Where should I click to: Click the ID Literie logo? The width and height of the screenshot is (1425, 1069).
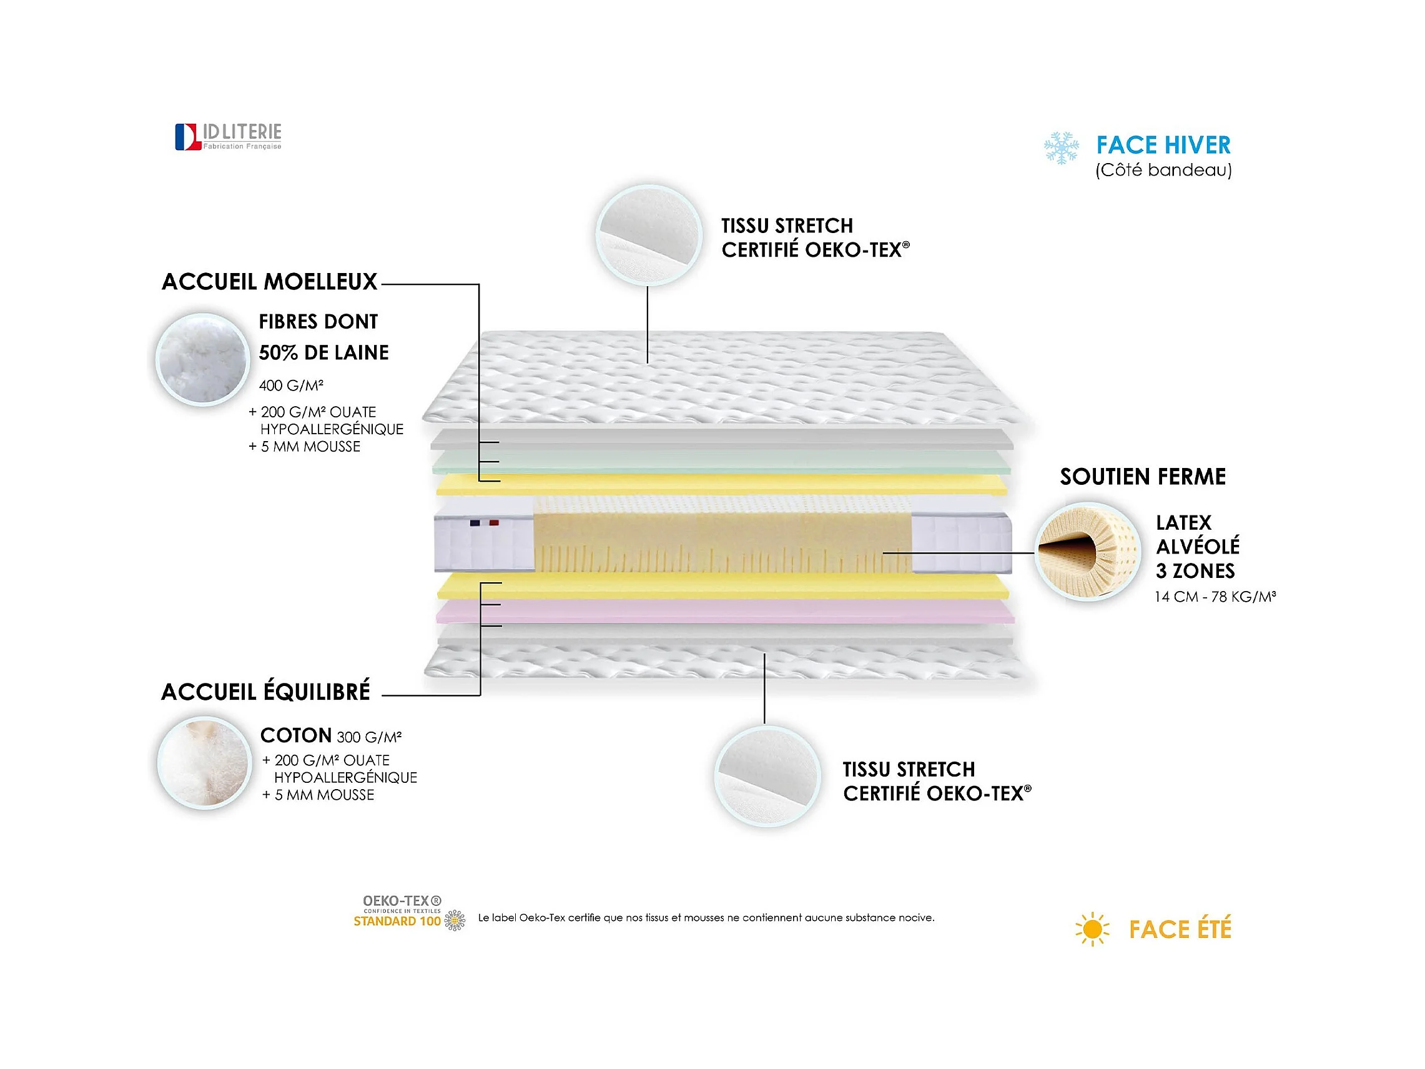(228, 137)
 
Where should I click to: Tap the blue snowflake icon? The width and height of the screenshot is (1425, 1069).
(1060, 147)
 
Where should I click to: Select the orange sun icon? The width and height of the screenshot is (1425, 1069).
(1092, 928)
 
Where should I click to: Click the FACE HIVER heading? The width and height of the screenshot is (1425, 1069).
(1163, 146)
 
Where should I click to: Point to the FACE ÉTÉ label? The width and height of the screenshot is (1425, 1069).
(1180, 929)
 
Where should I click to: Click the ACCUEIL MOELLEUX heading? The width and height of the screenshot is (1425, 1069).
(269, 282)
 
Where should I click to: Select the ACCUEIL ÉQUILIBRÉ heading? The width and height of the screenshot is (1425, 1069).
(265, 692)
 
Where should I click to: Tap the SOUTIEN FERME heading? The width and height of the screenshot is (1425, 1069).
(1143, 477)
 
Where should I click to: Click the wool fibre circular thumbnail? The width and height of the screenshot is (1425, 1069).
(203, 359)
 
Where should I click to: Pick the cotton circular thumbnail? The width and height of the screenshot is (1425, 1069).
(204, 762)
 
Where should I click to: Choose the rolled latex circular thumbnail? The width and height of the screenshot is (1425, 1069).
(1087, 552)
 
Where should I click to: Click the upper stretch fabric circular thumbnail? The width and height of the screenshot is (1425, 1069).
(649, 235)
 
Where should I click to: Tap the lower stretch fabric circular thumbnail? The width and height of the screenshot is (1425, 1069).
(767, 776)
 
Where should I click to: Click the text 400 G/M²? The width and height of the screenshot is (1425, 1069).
(290, 386)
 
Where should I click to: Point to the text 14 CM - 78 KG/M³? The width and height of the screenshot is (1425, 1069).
(1215, 597)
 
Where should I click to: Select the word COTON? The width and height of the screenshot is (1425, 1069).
(296, 735)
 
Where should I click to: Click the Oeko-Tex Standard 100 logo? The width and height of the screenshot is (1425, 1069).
(408, 912)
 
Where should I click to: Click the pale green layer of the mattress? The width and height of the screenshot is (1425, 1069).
(721, 461)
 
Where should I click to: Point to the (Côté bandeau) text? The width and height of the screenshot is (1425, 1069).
(1163, 170)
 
